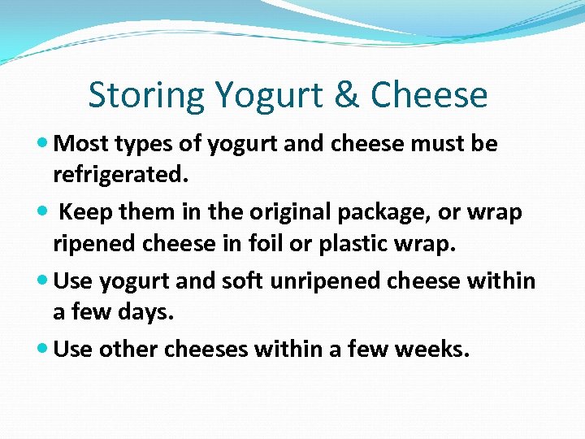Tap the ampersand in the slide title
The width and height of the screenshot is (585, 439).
[x=348, y=95]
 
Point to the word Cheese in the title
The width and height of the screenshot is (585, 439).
[x=429, y=95]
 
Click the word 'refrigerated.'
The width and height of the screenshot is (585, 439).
[x=115, y=174]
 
